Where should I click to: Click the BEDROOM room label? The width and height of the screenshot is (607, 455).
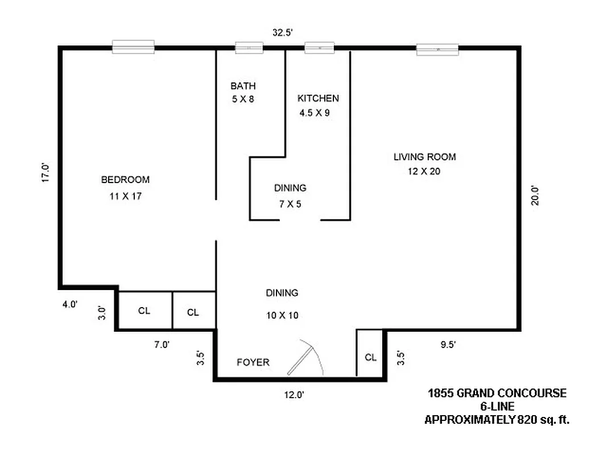(x=125, y=180)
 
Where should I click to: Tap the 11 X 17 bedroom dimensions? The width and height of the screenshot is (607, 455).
(x=125, y=197)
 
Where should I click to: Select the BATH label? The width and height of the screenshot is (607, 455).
(x=243, y=86)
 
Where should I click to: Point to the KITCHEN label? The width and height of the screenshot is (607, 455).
(x=318, y=98)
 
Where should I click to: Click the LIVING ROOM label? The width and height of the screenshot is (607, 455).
(x=424, y=157)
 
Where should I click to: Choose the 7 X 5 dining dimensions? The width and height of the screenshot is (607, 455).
(x=290, y=204)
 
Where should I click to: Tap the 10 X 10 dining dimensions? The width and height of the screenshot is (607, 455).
(x=282, y=315)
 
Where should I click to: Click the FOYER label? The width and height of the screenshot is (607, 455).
(x=253, y=362)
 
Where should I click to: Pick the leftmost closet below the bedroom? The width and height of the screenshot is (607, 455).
(x=144, y=311)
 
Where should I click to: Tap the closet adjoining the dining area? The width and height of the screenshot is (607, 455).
(x=193, y=312)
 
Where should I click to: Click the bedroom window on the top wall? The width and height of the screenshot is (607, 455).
(x=133, y=47)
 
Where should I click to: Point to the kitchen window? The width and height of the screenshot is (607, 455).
(x=319, y=48)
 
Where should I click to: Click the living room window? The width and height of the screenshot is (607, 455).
(x=437, y=49)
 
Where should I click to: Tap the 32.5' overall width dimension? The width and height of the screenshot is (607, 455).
(x=282, y=33)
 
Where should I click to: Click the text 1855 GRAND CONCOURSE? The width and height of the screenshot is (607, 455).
(x=497, y=393)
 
